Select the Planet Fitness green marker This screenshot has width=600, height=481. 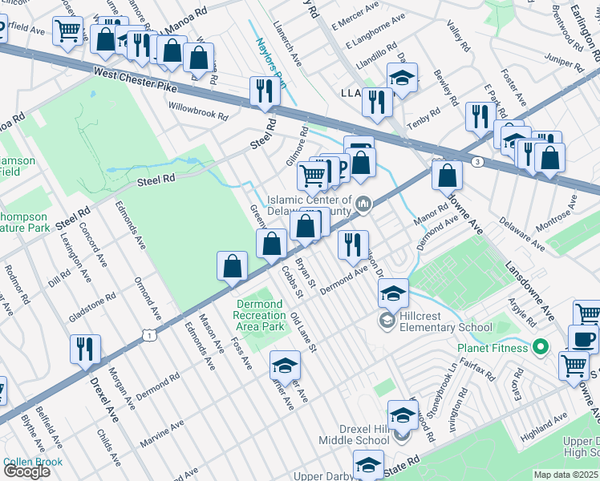pyautogui.click(x=541, y=347)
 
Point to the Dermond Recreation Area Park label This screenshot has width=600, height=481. pyautogui.click(x=260, y=315)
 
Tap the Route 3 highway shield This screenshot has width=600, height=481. pyautogui.click(x=477, y=162)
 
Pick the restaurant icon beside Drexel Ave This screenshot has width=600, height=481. pyautogui.click(x=85, y=350)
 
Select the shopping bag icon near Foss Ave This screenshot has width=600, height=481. pyautogui.click(x=232, y=267)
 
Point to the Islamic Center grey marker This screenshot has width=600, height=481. pyautogui.click(x=363, y=205)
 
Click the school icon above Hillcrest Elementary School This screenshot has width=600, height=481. pyautogui.click(x=393, y=293)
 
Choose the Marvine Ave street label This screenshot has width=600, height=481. pyautogui.click(x=161, y=429)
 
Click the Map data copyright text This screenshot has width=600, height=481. pyautogui.click(x=566, y=475)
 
